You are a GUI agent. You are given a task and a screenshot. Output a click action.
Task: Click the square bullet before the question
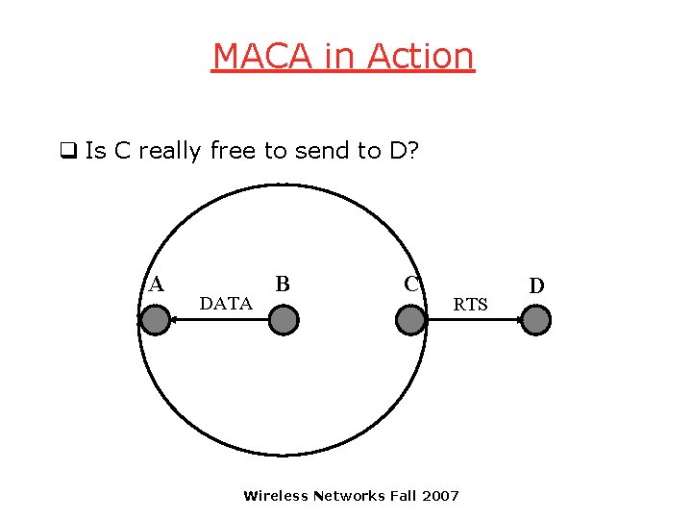point(67,151)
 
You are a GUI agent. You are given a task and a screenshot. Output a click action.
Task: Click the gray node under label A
point(155,320)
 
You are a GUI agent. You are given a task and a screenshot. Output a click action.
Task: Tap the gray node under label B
point(284,320)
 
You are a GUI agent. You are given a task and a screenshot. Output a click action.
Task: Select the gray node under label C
point(411,320)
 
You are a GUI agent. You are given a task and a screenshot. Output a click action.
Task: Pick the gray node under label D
point(537,320)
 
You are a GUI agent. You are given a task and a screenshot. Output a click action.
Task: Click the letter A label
point(156,284)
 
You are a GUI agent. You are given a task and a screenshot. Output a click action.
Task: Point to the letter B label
point(283,284)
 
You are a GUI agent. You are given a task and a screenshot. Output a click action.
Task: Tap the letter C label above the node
point(411,284)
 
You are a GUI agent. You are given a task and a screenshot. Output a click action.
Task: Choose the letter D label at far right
point(537,284)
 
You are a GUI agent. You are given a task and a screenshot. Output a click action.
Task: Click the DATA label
point(226,304)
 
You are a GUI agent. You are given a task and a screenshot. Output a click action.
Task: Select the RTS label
point(471,305)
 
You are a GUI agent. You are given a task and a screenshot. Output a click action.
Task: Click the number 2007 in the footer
point(440,496)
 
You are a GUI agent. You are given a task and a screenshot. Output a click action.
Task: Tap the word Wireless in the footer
point(276,496)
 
